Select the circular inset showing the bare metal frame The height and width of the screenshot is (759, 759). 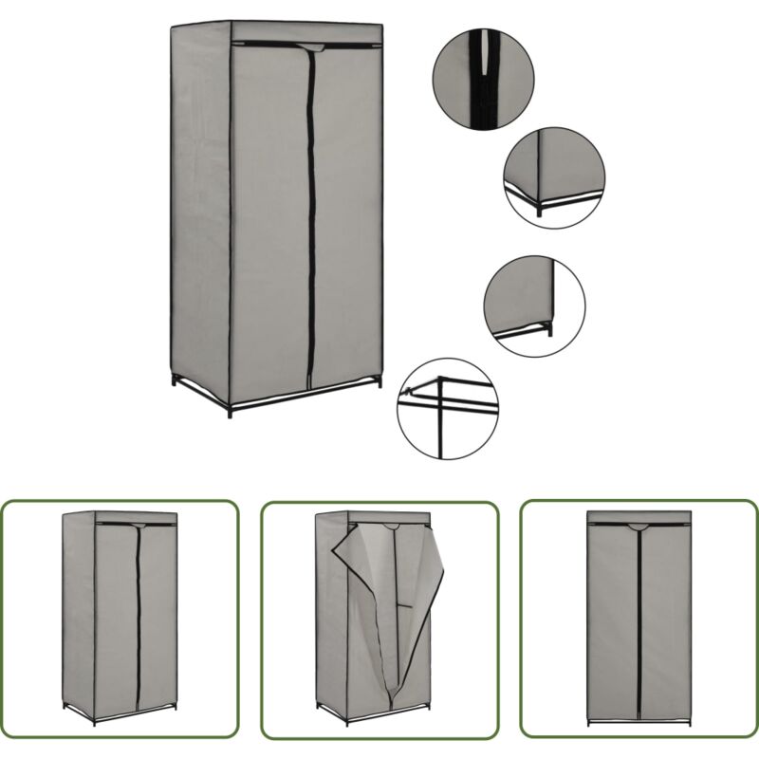[x=447, y=408]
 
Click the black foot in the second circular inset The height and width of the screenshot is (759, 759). [x=539, y=212]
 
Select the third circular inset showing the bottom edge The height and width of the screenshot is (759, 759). [x=534, y=305]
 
